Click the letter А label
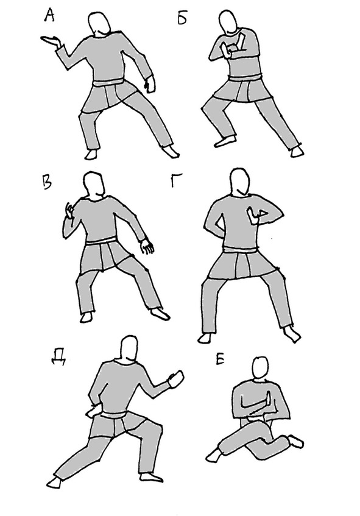point(49,15)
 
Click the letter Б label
point(182,18)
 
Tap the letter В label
point(47,183)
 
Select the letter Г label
point(177,180)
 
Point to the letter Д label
point(58,357)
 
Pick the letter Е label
point(220,359)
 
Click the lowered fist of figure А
point(150,84)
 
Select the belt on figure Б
point(245,78)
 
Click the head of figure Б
point(228,21)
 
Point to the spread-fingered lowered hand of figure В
point(147,246)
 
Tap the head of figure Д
point(129,348)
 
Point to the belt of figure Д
point(113,415)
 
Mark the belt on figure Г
point(239,250)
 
